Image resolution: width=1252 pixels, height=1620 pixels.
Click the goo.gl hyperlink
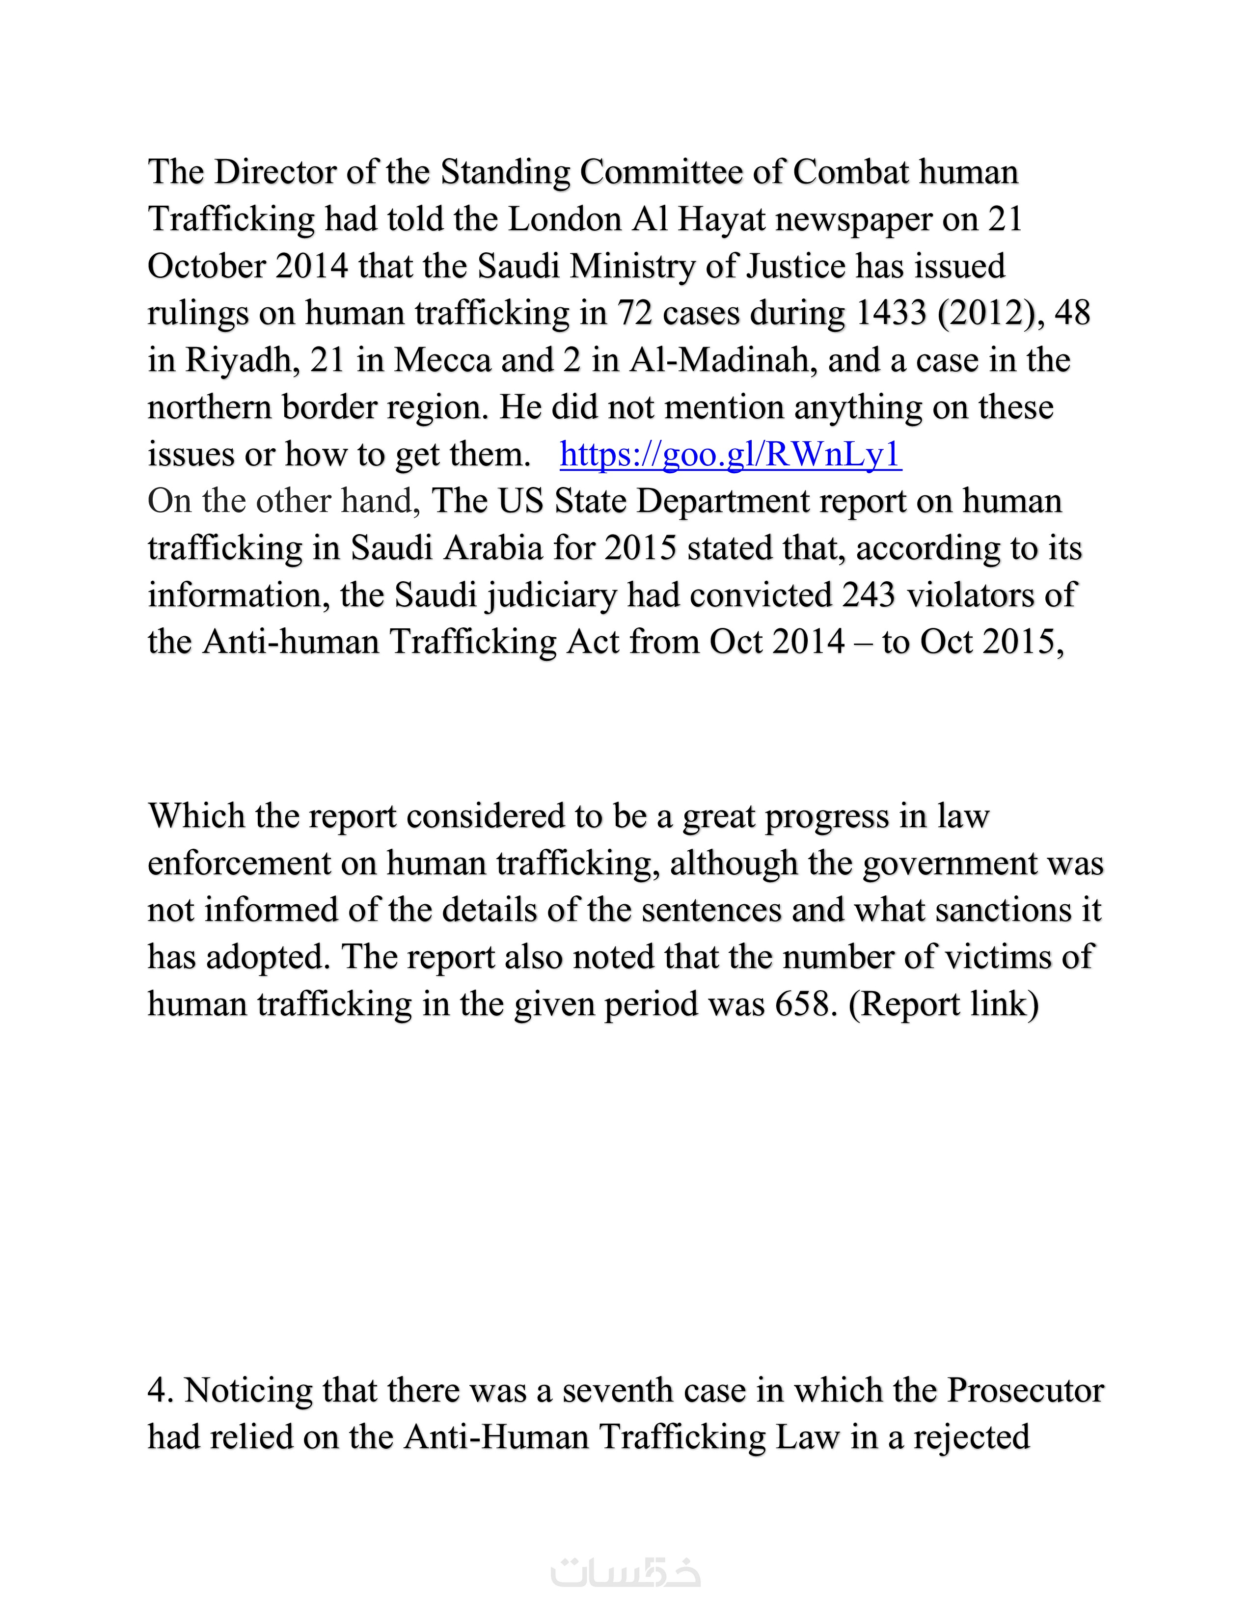(x=731, y=454)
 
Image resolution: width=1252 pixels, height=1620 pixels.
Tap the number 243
(x=869, y=595)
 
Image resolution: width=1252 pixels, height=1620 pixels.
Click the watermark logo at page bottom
(x=625, y=1572)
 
